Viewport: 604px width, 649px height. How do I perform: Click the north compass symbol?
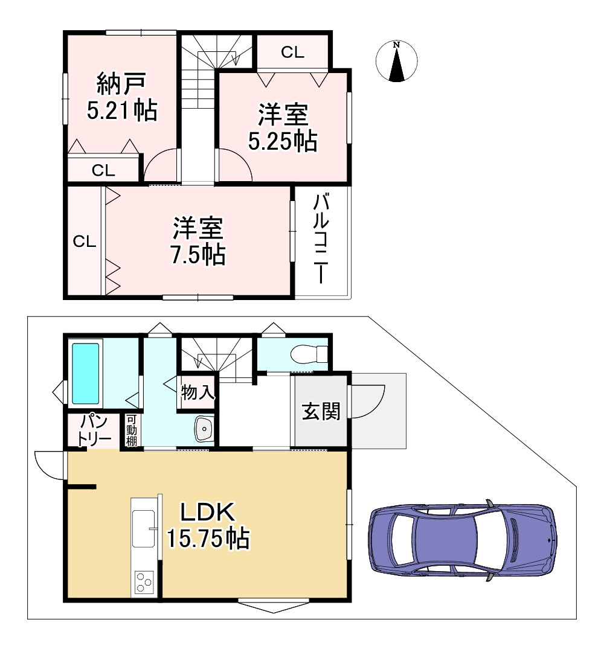point(396,61)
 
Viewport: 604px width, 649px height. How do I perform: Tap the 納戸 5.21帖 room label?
point(122,97)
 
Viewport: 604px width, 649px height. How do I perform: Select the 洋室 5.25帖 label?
point(283,127)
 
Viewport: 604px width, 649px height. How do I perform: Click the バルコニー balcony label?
point(321,239)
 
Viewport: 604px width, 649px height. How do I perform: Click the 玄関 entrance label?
point(321,412)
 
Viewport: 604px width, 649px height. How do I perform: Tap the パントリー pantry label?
point(95,430)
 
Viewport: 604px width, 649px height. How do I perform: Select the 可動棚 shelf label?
point(131,430)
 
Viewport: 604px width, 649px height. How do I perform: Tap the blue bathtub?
point(86,374)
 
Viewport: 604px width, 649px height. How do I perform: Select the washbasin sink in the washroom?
point(204,429)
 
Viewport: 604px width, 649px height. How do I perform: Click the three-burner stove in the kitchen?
point(144,582)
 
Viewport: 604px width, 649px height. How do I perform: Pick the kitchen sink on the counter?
point(143,528)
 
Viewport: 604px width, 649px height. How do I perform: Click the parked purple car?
point(463,540)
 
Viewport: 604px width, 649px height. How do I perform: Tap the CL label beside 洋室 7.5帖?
point(85,241)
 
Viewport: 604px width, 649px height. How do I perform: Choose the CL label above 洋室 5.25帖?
point(292,52)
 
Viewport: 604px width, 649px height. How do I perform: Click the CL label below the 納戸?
point(103,170)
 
